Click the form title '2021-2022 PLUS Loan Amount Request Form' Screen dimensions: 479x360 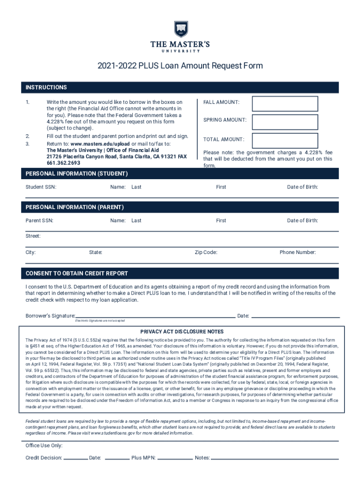[x=180, y=66]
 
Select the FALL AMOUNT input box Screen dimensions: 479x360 [x=285, y=104]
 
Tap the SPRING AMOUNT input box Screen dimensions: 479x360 [x=285, y=121]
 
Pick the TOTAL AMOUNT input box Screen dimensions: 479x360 [x=285, y=140]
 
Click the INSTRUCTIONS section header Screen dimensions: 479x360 [x=46, y=87]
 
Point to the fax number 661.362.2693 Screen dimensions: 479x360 [x=63, y=163]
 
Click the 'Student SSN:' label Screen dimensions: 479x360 [x=41, y=187]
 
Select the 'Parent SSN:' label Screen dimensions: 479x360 [x=39, y=220]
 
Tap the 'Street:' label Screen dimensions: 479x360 [x=33, y=236]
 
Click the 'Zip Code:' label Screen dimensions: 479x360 [x=206, y=253]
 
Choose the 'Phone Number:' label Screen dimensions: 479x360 [x=298, y=253]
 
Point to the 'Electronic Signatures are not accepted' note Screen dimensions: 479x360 [x=100, y=321]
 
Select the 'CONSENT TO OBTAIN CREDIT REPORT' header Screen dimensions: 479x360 [x=77, y=273]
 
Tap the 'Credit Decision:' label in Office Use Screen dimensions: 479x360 [x=43, y=458]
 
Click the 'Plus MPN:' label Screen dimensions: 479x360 [x=144, y=458]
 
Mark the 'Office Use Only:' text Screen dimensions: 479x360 [x=44, y=446]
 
